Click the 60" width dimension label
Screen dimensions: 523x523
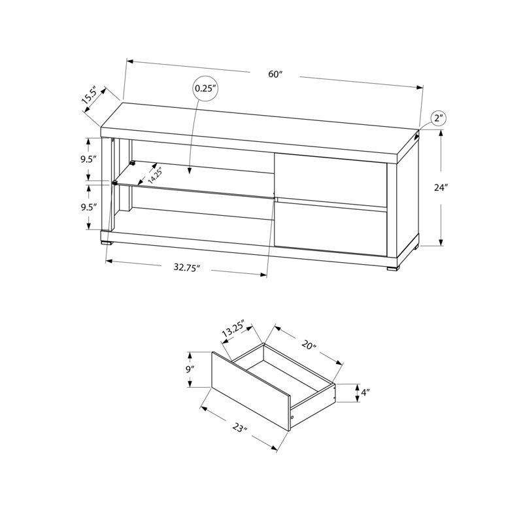275,74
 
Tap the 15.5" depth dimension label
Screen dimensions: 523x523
90,95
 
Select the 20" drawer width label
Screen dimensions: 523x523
309,344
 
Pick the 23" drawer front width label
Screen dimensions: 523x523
239,430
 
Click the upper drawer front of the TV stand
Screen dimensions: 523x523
330,178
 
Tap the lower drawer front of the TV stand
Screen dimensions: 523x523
330,229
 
